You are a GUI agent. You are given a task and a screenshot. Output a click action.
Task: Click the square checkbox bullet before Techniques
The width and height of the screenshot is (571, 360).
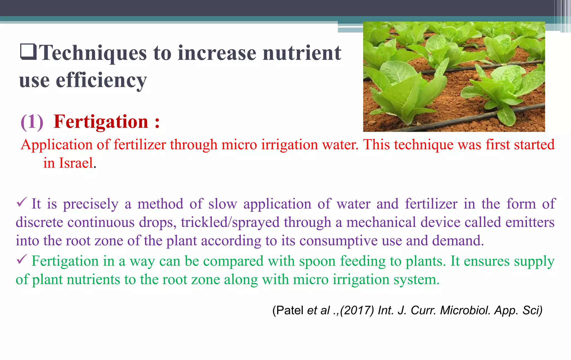(28, 52)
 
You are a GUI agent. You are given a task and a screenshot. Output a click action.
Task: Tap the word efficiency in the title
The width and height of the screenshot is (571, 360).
(101, 80)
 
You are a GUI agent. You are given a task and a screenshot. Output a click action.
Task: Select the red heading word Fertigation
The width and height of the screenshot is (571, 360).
(101, 122)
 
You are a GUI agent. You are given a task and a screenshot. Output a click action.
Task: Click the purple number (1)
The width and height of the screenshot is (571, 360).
(32, 122)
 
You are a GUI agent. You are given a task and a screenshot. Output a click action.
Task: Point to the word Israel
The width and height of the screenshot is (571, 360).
(76, 163)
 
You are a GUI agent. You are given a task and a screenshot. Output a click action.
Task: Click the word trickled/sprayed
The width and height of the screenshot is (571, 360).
(230, 222)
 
